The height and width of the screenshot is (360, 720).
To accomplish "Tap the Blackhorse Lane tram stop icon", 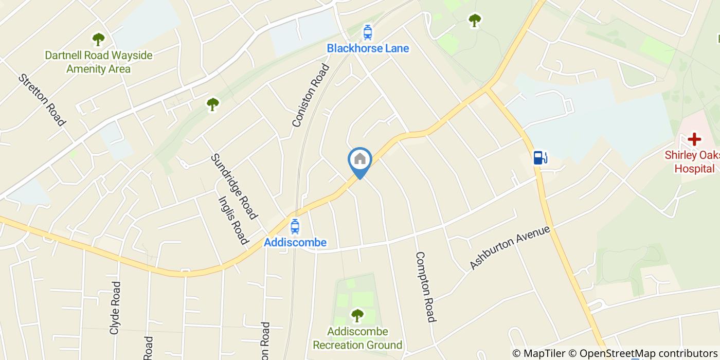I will click(x=368, y=32).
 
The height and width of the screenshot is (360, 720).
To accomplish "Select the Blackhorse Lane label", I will click(x=368, y=49).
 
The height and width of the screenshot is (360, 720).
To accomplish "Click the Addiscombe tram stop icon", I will click(x=295, y=226).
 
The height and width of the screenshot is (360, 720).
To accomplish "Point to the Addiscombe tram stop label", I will click(x=295, y=242).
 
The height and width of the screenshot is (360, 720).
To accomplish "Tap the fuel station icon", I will click(x=539, y=157).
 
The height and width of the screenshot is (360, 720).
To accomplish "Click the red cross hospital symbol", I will click(x=694, y=139).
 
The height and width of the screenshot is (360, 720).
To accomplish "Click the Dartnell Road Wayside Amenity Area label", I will click(x=99, y=62).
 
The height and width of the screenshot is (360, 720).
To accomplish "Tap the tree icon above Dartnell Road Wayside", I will click(x=98, y=39).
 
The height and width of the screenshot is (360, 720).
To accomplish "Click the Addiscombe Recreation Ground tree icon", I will click(x=357, y=315).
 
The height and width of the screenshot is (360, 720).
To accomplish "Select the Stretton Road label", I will click(x=42, y=100).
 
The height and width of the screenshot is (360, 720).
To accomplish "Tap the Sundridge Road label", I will click(x=234, y=186).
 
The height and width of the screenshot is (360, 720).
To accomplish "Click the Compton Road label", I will click(x=425, y=286).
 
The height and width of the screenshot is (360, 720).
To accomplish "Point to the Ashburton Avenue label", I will click(x=510, y=248).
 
